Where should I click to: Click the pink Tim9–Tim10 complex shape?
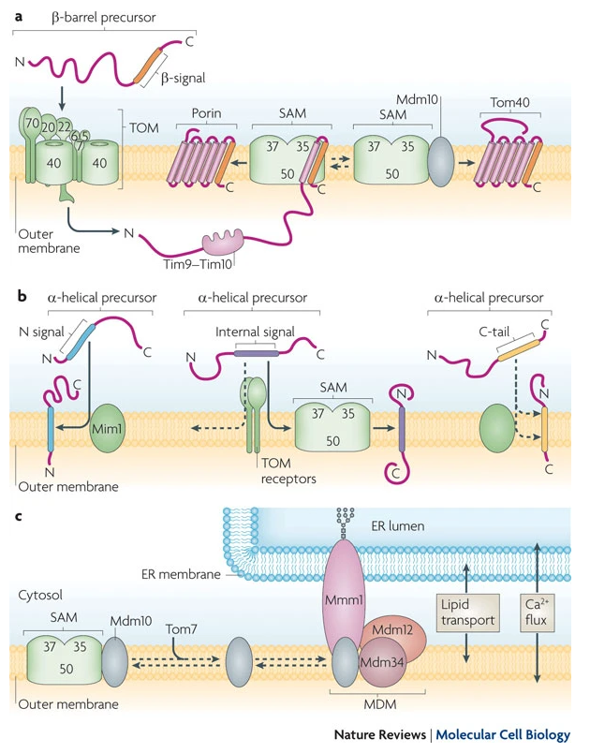tap(221, 244)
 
